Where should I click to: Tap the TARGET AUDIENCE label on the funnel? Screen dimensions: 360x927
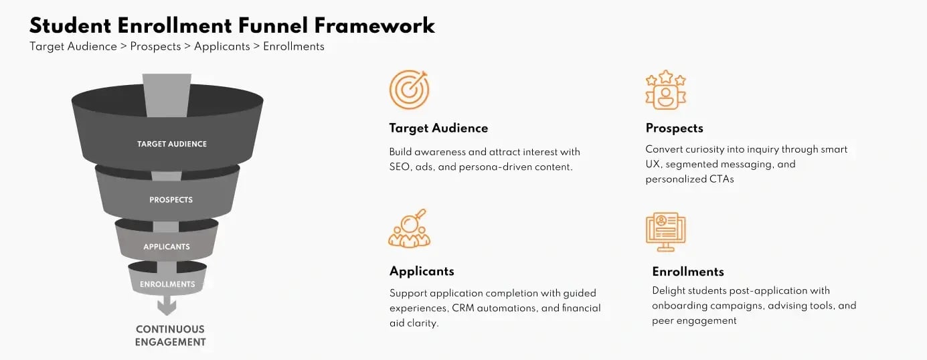coord(172,144)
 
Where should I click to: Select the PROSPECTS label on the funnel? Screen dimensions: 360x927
coord(171,200)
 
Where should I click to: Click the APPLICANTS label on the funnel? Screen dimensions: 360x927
coord(167,247)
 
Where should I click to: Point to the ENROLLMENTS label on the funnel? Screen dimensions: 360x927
coord(167,284)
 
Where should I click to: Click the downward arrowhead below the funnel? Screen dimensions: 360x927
coord(167,307)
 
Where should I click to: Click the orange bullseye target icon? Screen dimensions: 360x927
coord(409,90)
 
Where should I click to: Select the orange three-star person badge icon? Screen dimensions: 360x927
coord(665,90)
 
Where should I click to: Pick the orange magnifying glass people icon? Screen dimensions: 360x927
coord(409,229)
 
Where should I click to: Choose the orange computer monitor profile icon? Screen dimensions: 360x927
coord(665,232)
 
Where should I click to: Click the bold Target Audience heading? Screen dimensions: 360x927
coord(438,128)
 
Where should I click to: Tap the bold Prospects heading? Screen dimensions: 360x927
coord(674,128)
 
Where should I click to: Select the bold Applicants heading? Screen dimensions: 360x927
coord(422,271)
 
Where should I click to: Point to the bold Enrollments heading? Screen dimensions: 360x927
coord(688,272)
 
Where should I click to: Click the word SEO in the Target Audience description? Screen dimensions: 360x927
coord(400,167)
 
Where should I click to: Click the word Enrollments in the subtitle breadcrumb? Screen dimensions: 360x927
coord(293,47)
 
